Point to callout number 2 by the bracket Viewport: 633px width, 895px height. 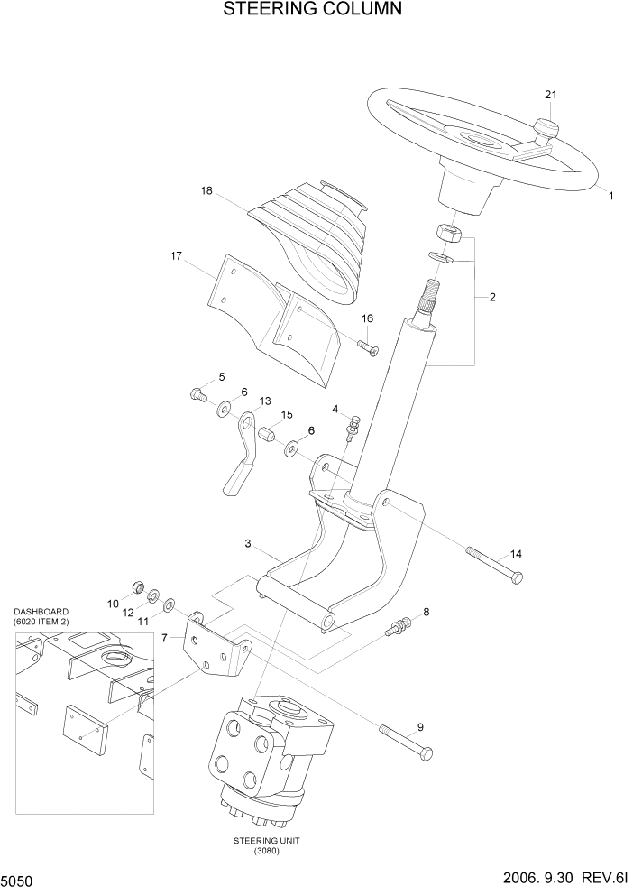click(491, 297)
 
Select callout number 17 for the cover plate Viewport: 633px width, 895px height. click(177, 257)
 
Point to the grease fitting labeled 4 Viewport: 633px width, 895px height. click(353, 424)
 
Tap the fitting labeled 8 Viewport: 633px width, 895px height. click(398, 625)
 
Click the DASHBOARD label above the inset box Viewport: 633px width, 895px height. click(41, 611)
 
